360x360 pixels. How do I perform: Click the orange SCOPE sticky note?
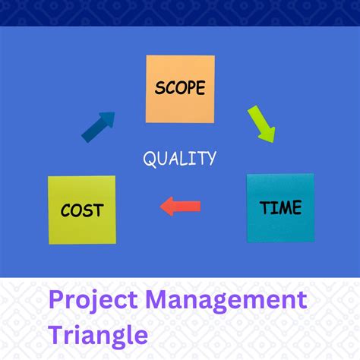point(180,88)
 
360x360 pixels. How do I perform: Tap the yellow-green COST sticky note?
point(82,210)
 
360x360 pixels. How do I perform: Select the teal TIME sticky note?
point(279,207)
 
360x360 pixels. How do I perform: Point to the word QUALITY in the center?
point(180,158)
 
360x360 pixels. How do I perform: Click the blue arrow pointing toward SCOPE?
point(99,126)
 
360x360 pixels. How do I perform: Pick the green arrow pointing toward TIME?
point(261,124)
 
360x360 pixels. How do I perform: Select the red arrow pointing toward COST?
point(181,206)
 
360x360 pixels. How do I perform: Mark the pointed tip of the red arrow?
point(162,206)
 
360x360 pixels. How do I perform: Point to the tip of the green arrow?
point(271,141)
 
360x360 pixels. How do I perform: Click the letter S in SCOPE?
point(159,88)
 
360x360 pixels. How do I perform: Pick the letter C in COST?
point(66,210)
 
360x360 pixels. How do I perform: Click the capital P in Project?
point(57,298)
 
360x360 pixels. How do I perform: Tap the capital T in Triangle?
point(56,333)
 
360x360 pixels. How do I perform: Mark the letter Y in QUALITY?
point(210,158)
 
